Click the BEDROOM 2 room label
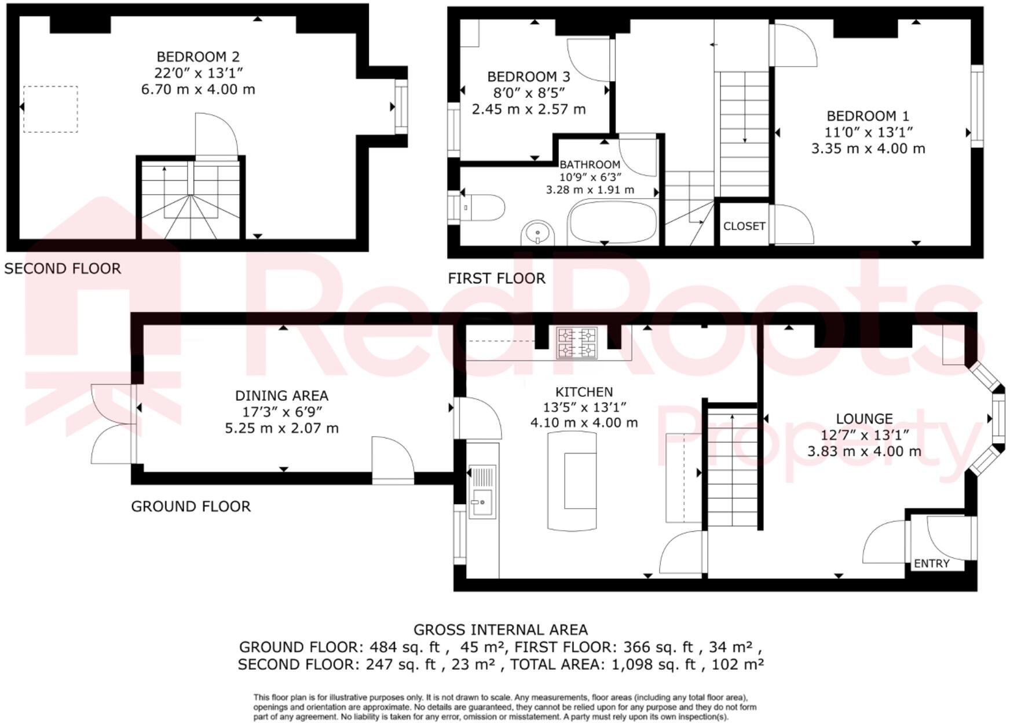click(198, 57)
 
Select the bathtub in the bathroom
click(613, 222)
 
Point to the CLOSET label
click(744, 226)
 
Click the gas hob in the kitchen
click(576, 342)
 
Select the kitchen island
click(572, 481)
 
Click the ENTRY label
click(931, 563)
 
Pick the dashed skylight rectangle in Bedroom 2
click(50, 109)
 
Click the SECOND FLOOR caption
click(63, 268)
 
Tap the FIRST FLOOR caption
click(496, 278)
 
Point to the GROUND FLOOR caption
click(191, 506)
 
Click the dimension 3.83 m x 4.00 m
click(864, 451)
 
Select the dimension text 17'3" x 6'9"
click(281, 412)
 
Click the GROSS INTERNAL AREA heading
click(500, 630)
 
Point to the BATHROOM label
click(590, 165)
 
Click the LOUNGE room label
click(864, 418)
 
